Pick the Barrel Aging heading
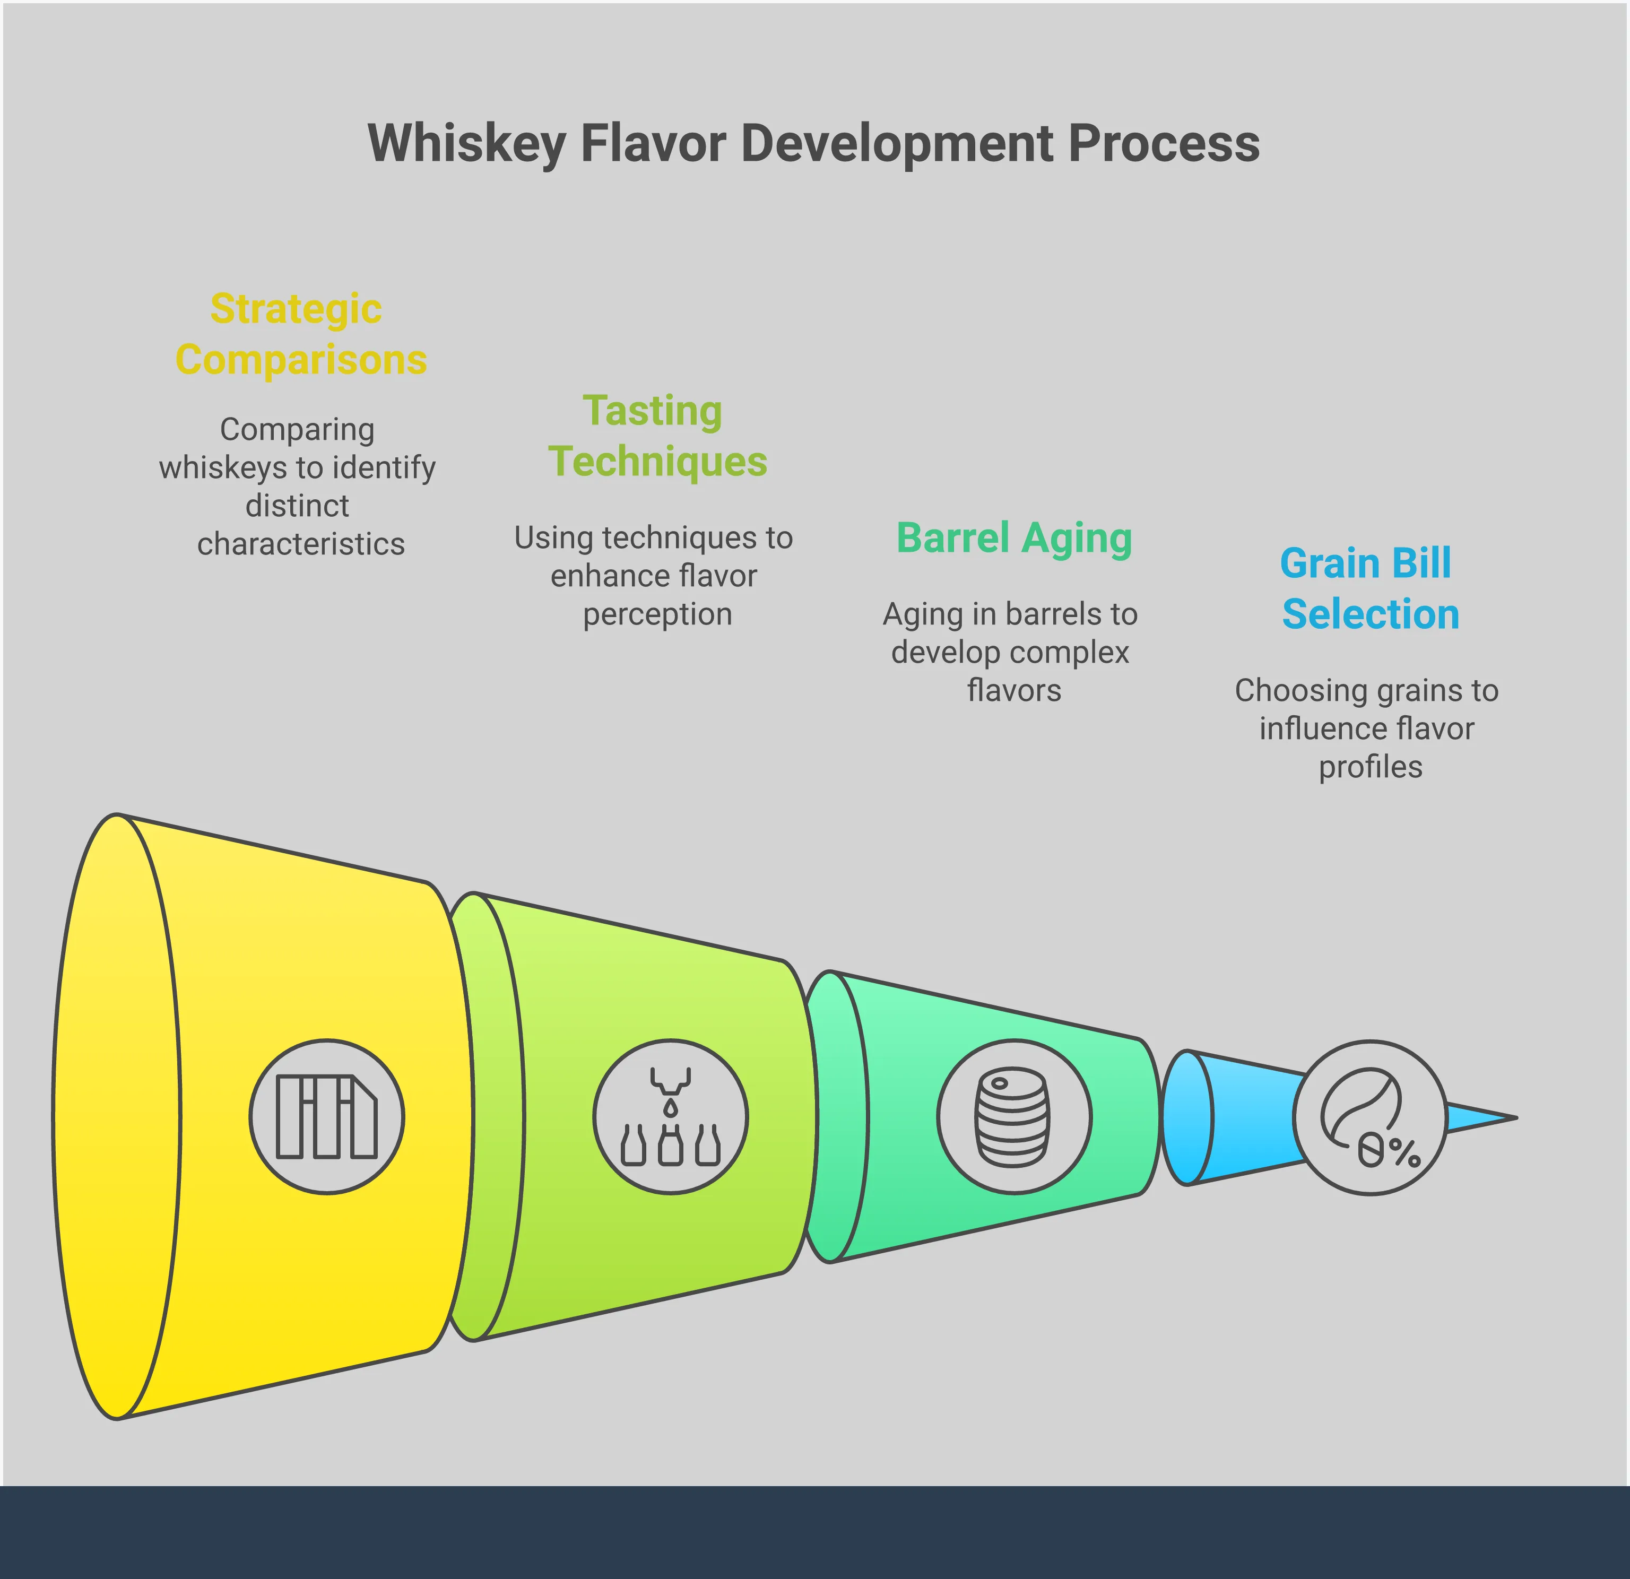tap(1014, 538)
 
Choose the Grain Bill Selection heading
tap(1369, 589)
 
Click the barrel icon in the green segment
tap(1013, 1117)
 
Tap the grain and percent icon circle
tap(1369, 1117)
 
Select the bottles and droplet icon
tap(670, 1117)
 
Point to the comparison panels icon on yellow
tap(327, 1117)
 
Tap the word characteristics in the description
tap(301, 544)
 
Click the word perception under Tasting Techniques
tap(657, 614)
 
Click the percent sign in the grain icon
tap(1404, 1152)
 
